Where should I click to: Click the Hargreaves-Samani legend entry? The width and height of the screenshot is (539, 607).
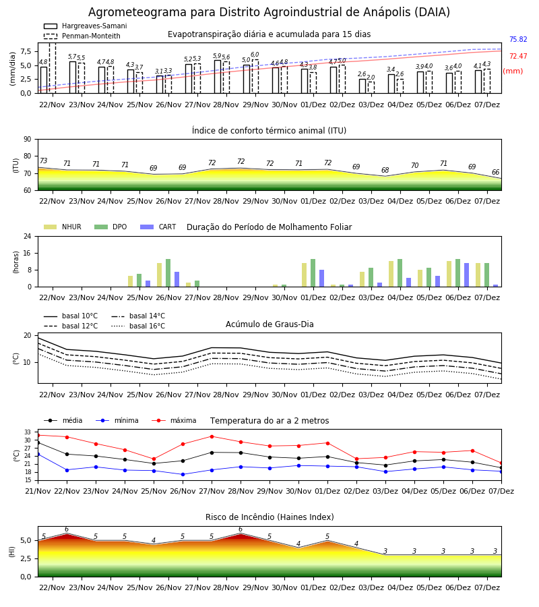85,26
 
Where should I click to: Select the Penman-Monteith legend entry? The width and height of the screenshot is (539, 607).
82,36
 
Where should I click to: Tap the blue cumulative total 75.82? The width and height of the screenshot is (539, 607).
518,40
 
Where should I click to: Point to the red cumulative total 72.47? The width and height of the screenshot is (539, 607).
518,57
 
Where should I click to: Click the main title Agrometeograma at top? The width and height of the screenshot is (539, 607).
269,12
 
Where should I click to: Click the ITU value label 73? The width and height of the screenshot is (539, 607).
43,161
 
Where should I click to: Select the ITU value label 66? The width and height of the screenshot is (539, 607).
495,172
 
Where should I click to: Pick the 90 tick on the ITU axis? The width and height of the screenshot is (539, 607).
28,140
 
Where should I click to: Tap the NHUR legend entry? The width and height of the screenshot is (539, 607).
62,227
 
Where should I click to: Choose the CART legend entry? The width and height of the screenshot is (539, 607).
158,227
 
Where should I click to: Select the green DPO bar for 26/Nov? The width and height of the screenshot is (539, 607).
168,273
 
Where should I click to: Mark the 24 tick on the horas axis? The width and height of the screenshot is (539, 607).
28,237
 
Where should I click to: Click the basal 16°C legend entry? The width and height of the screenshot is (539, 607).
138,326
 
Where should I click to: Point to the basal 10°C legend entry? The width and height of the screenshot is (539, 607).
71,316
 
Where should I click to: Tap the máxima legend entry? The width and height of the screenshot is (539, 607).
174,421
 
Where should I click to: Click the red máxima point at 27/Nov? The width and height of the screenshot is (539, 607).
212,436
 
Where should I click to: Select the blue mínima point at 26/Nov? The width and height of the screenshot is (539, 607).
183,475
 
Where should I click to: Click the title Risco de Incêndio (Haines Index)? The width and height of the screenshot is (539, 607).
269,517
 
